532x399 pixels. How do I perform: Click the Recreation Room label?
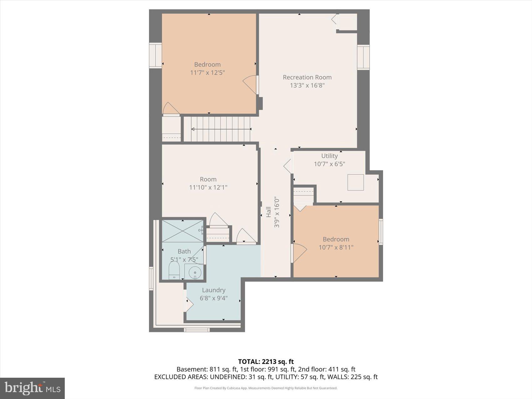[307, 77]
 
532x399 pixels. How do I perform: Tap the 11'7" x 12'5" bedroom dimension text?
[207, 73]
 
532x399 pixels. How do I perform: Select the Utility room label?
[330, 156]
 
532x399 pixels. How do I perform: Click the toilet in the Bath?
[174, 270]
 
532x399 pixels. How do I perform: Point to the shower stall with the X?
[182, 231]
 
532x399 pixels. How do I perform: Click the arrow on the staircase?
[221, 129]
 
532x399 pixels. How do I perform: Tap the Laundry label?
[213, 290]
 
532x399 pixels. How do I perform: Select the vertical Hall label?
[269, 212]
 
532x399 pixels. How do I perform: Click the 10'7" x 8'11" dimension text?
[336, 247]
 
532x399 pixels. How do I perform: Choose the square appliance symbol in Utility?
[356, 182]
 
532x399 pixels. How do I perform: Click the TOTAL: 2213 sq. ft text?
[266, 362]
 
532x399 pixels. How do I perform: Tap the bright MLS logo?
[33, 388]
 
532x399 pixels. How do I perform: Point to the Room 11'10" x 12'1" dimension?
[208, 187]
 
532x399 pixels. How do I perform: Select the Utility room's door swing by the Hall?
[288, 166]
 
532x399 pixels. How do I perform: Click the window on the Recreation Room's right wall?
[363, 57]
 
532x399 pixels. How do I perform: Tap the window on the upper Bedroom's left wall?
[155, 55]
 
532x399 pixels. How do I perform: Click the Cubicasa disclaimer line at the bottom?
[266, 388]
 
